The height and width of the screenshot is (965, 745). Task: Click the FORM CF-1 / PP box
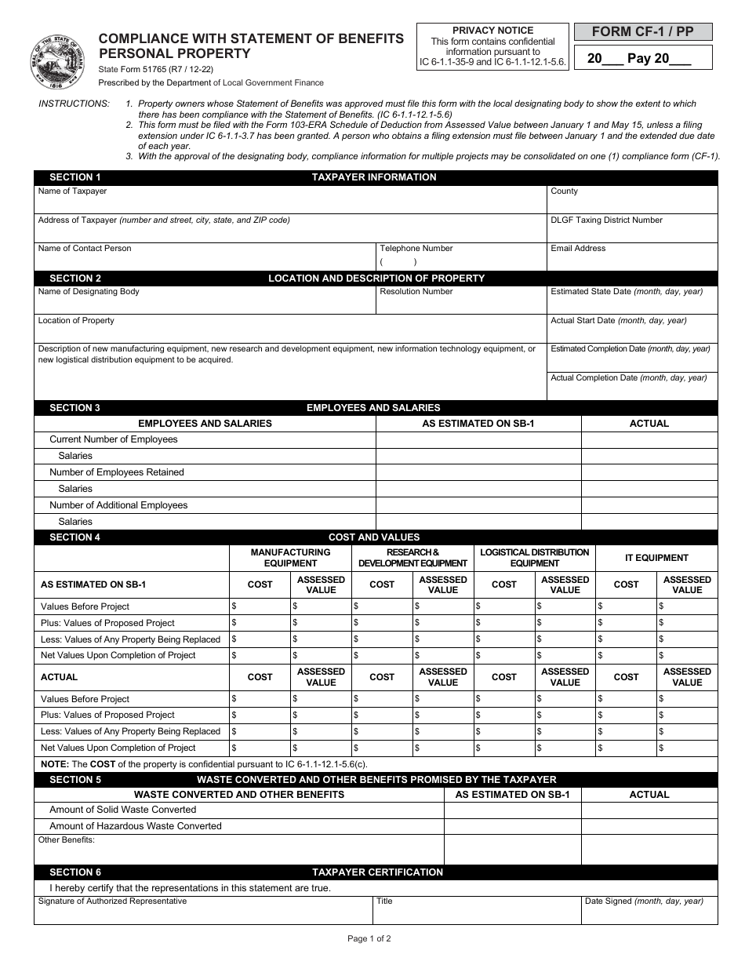(x=643, y=32)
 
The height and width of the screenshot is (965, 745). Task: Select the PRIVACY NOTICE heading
(x=492, y=31)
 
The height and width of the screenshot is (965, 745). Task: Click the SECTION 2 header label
(x=75, y=278)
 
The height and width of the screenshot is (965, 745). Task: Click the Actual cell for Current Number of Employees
(x=649, y=439)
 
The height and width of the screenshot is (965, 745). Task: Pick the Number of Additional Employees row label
(x=118, y=505)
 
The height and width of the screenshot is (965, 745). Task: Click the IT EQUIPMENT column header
(x=656, y=558)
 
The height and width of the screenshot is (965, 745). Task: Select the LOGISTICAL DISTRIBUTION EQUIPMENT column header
(x=534, y=558)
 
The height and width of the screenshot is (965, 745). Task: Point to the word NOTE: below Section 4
(x=54, y=764)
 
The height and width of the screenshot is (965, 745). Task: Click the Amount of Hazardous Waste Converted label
(x=136, y=826)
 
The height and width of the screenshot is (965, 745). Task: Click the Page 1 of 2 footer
(x=369, y=938)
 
